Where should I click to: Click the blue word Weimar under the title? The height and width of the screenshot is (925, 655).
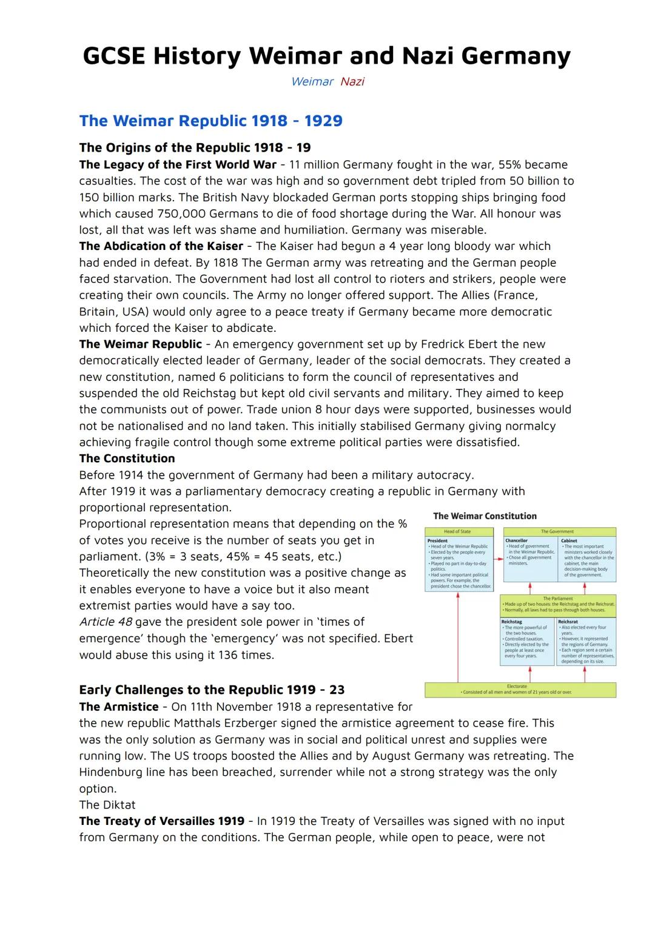(x=312, y=82)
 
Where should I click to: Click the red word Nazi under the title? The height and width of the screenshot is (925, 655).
(x=352, y=82)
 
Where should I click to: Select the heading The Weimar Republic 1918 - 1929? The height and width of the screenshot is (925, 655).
(x=210, y=121)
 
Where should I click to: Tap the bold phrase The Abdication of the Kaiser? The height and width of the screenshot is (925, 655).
(x=161, y=246)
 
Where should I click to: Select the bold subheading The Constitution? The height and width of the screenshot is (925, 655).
(x=127, y=459)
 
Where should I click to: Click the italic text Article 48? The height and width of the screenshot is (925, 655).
(x=106, y=622)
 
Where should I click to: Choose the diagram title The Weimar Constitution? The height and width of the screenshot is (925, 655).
(x=485, y=516)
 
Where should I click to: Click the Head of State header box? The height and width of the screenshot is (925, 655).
(x=457, y=531)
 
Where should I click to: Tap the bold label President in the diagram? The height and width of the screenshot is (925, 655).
(x=437, y=540)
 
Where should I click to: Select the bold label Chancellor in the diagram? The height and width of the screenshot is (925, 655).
(x=516, y=540)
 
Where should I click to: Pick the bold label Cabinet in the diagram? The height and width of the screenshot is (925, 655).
(x=569, y=540)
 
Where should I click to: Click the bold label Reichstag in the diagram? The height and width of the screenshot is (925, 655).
(x=511, y=622)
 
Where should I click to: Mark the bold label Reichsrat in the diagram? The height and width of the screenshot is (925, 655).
(x=568, y=622)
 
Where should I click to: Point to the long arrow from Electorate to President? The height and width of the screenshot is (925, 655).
(x=458, y=637)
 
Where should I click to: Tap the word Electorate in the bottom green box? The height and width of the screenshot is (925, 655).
(x=517, y=687)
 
